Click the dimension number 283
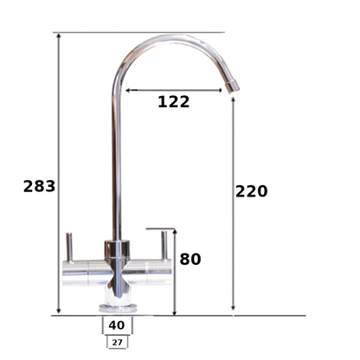(39, 186)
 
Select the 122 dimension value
(173, 102)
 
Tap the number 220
(252, 191)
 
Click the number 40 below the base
(116, 325)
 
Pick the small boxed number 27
(116, 342)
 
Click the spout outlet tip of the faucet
(232, 86)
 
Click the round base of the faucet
(116, 305)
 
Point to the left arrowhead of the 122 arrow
(128, 89)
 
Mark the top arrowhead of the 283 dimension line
(59, 37)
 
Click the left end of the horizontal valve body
(65, 275)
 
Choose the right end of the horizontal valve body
(170, 275)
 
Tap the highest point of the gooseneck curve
(177, 36)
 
